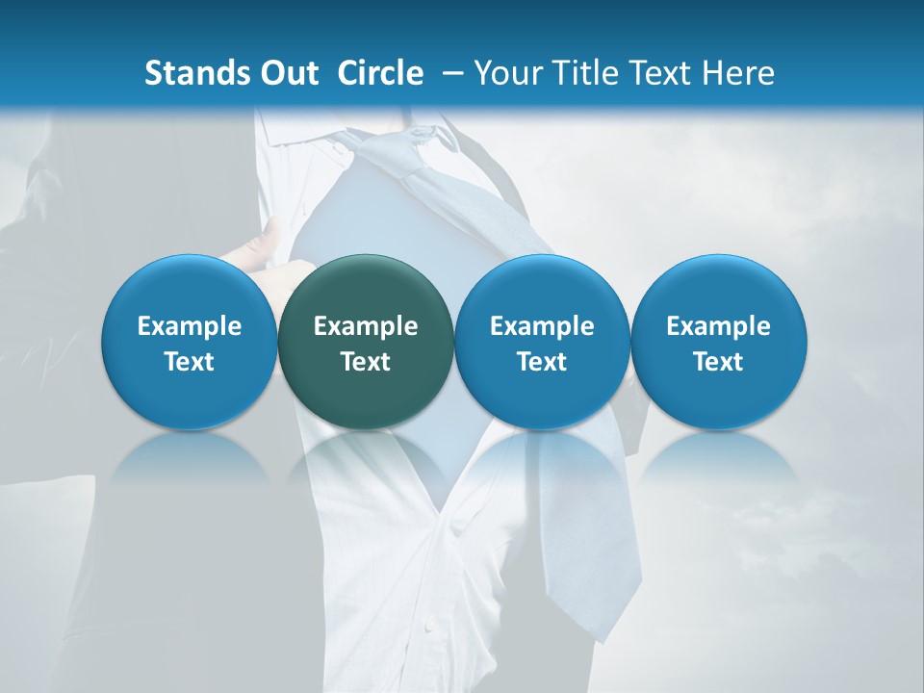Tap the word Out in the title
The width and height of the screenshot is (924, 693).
click(286, 73)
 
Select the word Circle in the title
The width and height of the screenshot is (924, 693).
click(380, 73)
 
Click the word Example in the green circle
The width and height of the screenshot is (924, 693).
click(366, 326)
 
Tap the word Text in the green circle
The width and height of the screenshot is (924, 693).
click(366, 362)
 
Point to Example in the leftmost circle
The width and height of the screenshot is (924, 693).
click(190, 326)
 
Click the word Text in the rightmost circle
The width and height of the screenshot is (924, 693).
click(718, 362)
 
